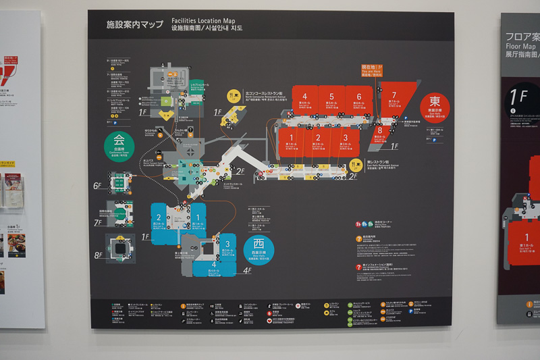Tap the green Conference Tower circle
pos(119,144)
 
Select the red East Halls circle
pos(435,107)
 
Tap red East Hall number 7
pos(394,95)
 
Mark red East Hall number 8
pos(380,130)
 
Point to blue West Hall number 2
pos(159,217)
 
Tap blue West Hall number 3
pos(227,244)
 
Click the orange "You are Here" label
pos(372,70)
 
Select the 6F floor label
pos(98,185)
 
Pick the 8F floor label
pos(98,255)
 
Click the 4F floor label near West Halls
pos(247,272)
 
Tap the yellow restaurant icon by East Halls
pos(356,165)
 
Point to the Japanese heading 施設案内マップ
pos(134,24)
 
